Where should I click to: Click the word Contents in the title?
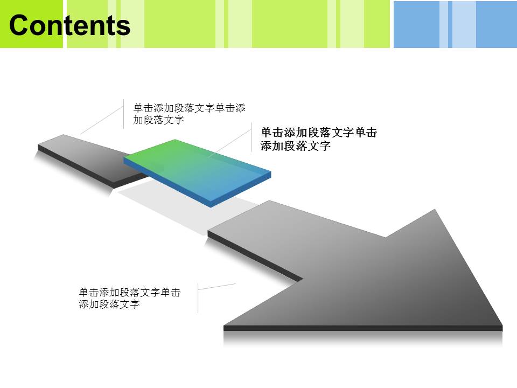70,25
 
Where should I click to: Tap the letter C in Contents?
18,25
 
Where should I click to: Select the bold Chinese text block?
318,139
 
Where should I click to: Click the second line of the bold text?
296,145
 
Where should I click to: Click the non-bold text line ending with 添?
189,108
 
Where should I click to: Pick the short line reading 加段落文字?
158,120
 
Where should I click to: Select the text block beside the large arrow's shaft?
130,298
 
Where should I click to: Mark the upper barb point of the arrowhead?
435,209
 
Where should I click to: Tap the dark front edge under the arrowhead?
362,328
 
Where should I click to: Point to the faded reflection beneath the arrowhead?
362,339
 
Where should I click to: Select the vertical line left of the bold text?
251,137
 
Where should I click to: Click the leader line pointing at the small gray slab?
102,120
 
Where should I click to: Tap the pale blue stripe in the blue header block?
464,24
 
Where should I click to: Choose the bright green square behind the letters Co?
31,24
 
